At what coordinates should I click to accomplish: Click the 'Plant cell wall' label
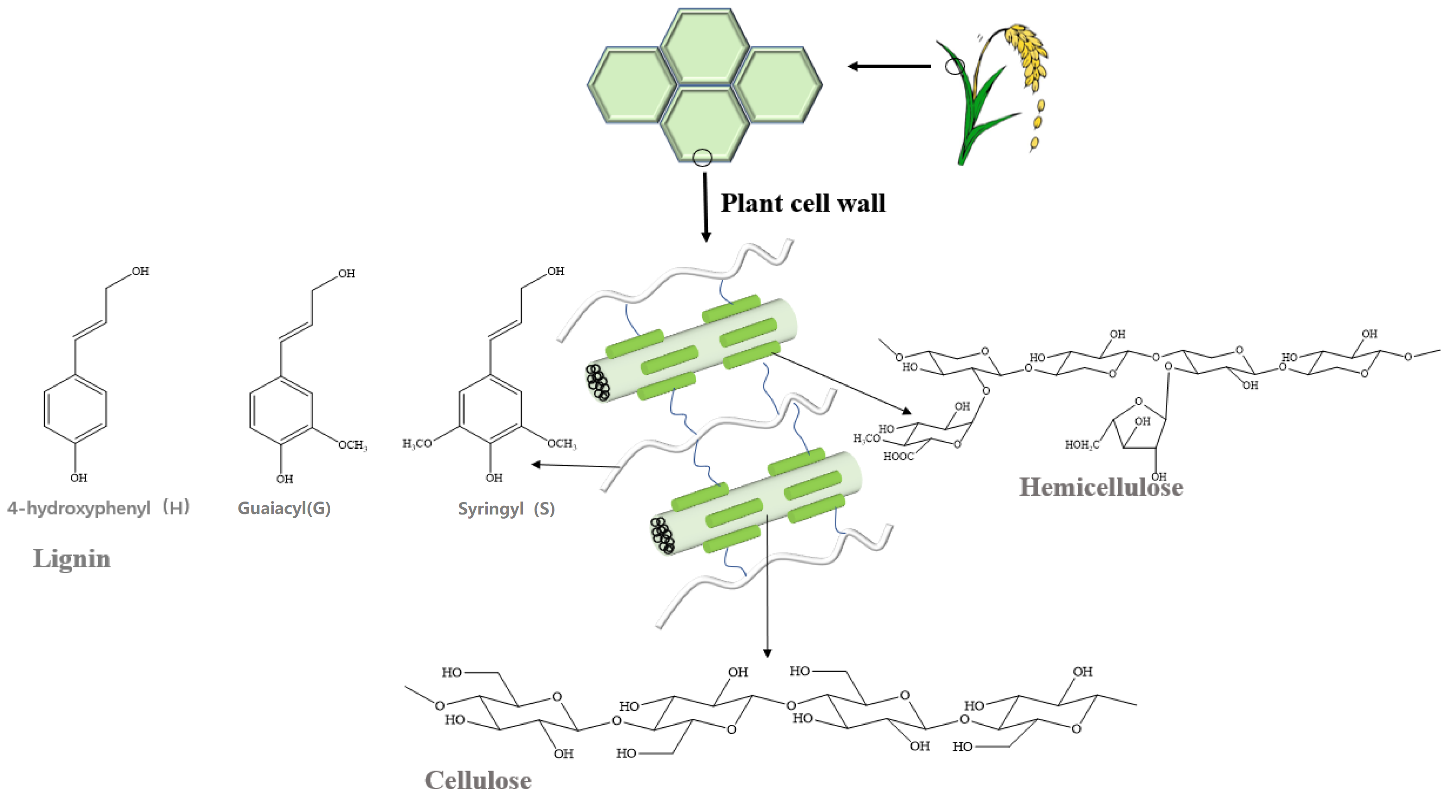pyautogui.click(x=803, y=203)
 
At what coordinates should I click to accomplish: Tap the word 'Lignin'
pyautogui.click(x=72, y=559)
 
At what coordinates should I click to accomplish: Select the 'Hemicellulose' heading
pyautogui.click(x=1101, y=487)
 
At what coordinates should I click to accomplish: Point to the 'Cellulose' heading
pyautogui.click(x=478, y=780)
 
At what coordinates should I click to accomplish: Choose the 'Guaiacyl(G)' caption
pyautogui.click(x=284, y=508)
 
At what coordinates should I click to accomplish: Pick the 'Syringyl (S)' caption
pyautogui.click(x=506, y=509)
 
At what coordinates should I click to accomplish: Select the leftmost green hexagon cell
pyautogui.click(x=632, y=85)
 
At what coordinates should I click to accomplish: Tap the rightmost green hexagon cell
pyautogui.click(x=777, y=85)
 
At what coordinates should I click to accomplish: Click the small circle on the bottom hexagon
pyautogui.click(x=702, y=158)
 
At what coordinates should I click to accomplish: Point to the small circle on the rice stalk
pyautogui.click(x=954, y=66)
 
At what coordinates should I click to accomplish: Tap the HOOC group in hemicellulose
pyautogui.click(x=898, y=457)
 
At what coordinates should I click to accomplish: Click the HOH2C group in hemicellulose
pyautogui.click(x=1081, y=445)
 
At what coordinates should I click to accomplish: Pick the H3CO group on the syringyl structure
pyautogui.click(x=417, y=444)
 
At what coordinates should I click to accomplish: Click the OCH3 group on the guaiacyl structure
pyautogui.click(x=353, y=445)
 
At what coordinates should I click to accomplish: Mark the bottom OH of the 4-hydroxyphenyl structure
pyautogui.click(x=79, y=478)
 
